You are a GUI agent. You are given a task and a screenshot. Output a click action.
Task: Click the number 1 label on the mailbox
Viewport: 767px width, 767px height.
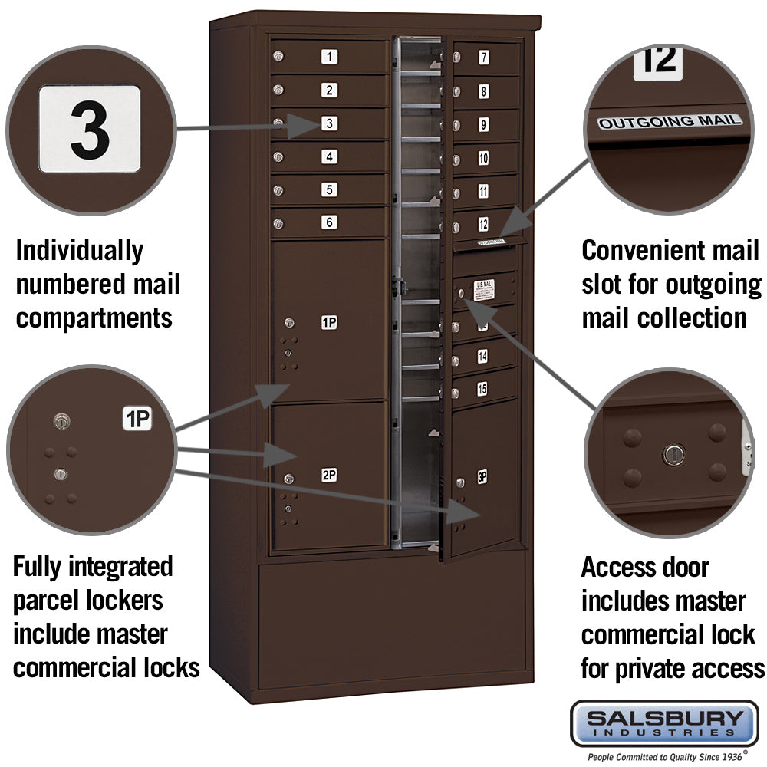click(x=329, y=57)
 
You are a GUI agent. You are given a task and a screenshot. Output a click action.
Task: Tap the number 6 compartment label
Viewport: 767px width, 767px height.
click(x=329, y=222)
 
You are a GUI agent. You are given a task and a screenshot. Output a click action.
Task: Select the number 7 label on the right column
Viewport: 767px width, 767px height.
click(x=484, y=57)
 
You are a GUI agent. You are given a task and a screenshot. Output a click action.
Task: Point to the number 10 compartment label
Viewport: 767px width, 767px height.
click(x=483, y=159)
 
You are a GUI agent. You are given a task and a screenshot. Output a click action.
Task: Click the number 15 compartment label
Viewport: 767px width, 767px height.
click(x=482, y=390)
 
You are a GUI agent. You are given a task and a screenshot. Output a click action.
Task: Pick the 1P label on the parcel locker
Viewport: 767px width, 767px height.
click(x=329, y=323)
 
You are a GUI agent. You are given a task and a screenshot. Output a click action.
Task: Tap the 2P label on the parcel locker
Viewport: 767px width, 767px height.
click(x=329, y=476)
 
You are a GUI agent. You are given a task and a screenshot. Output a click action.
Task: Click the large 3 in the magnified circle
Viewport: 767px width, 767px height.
click(x=90, y=129)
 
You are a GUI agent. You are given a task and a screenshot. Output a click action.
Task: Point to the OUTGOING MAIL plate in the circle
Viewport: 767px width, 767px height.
click(x=670, y=121)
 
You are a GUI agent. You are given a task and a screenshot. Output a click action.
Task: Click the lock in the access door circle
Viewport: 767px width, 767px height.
click(x=671, y=454)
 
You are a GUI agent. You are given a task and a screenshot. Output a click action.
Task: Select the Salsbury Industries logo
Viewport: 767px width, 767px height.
click(x=664, y=723)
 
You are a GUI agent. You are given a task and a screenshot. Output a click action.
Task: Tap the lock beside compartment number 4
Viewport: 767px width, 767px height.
click(x=278, y=157)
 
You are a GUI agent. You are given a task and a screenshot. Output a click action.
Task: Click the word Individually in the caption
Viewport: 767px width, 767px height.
click(x=79, y=251)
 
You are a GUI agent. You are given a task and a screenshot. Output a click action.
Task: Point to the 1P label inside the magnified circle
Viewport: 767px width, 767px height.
click(x=137, y=419)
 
